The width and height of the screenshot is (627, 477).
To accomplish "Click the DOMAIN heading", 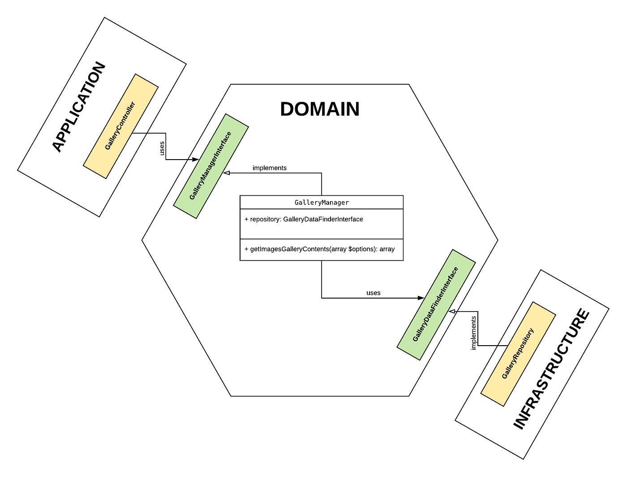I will click(320, 109).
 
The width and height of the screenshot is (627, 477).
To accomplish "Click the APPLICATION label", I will click(79, 108).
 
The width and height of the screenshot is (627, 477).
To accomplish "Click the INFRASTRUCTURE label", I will click(552, 369).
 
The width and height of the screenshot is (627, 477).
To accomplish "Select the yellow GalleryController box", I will click(120, 126).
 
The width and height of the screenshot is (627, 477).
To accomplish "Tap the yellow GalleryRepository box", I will click(518, 354).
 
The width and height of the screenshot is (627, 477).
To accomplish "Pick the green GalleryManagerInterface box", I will click(211, 166).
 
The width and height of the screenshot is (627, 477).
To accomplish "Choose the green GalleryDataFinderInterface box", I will click(436, 305).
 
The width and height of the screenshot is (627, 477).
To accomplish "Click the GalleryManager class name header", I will click(322, 203).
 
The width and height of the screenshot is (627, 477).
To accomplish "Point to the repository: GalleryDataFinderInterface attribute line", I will click(304, 220).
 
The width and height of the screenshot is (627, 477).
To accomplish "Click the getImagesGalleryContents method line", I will click(319, 249).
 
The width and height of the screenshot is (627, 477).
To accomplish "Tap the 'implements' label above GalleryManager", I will click(270, 168).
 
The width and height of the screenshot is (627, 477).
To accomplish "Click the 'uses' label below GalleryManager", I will click(374, 293).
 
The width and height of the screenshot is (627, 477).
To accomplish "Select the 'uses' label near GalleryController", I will click(162, 148).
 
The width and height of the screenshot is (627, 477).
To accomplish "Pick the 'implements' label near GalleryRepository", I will click(473, 333).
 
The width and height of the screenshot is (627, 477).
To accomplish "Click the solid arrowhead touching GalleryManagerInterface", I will click(195, 160).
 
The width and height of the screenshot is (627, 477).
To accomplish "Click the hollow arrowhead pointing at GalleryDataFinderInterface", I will click(452, 312).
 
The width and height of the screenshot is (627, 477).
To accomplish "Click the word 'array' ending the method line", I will click(387, 249).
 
